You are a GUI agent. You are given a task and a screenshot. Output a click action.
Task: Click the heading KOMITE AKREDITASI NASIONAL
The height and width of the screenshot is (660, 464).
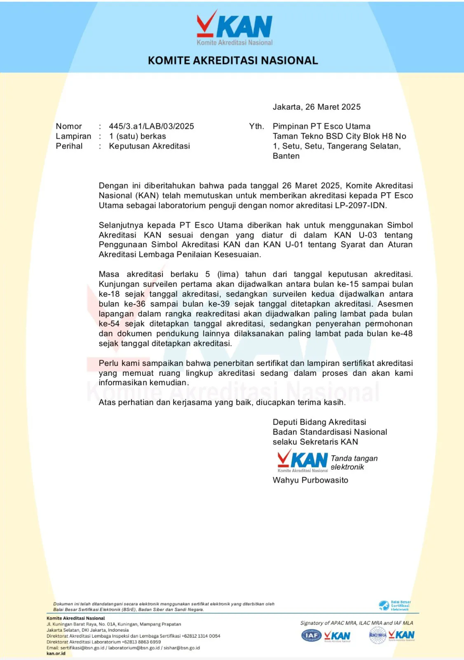point(233,61)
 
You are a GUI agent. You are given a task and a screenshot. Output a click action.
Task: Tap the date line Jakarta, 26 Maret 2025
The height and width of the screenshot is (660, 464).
point(316,107)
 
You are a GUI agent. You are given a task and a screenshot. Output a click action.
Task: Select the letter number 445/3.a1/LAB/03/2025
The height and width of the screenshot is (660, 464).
point(151,126)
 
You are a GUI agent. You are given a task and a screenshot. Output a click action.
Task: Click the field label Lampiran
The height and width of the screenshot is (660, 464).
point(73,136)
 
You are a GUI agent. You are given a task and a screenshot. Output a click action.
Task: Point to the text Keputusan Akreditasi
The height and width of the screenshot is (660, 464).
point(149,146)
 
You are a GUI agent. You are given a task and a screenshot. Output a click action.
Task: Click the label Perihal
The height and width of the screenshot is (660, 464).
point(69,146)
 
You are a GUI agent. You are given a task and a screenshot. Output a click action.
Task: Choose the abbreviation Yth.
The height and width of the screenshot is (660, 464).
point(256,126)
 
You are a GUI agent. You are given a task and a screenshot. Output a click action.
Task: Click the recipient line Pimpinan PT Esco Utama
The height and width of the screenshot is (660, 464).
point(321,126)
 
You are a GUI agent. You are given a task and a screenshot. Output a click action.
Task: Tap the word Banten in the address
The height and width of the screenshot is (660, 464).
point(286,156)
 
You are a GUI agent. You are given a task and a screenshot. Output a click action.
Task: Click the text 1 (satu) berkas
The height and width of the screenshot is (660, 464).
point(137,136)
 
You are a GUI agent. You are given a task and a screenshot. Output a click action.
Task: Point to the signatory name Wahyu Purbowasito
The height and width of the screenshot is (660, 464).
point(310,480)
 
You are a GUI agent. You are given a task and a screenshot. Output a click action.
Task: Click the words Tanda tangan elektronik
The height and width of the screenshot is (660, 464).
point(354,462)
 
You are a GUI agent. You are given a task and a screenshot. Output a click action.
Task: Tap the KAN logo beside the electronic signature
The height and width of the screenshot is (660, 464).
point(302,461)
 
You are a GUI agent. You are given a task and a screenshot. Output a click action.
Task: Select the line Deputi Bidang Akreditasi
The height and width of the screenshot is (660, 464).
point(319,422)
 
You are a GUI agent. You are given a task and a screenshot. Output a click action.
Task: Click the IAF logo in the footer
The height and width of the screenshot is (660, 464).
point(312,635)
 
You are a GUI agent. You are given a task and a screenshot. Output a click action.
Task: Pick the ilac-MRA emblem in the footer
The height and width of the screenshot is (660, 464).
point(377,635)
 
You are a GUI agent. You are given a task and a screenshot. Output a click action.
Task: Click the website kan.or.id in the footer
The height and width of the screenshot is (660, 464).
point(56,653)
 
